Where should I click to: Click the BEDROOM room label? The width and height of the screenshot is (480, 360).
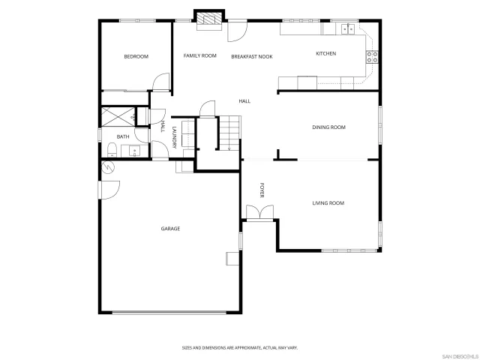136,57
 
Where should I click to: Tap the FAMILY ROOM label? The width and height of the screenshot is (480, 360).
200,55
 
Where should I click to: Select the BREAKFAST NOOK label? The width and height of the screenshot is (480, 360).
251,56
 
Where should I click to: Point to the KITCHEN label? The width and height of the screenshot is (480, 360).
325,54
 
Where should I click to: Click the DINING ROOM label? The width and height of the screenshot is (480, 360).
328,127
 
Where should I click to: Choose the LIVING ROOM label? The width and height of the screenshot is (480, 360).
328,203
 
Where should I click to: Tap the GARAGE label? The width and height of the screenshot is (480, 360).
169,228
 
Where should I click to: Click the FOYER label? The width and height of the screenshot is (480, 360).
262,190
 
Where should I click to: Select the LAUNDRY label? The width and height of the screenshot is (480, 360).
174,138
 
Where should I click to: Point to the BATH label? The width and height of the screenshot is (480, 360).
122,136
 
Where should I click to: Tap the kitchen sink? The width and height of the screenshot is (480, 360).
348,29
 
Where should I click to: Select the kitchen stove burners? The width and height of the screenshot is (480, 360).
370,54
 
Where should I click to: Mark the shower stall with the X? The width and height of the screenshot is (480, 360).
118,116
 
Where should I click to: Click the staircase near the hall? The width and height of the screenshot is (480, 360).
230,133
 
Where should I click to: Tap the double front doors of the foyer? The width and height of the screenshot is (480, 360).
259,214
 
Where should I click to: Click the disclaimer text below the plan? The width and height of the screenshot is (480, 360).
239,347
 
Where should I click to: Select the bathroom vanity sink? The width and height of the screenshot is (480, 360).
135,150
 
